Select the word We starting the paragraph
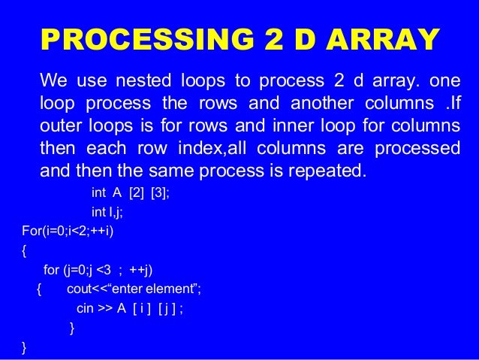pyautogui.click(x=53, y=80)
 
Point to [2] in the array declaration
pyautogui.click(x=136, y=192)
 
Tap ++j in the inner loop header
pyautogui.click(x=144, y=270)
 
